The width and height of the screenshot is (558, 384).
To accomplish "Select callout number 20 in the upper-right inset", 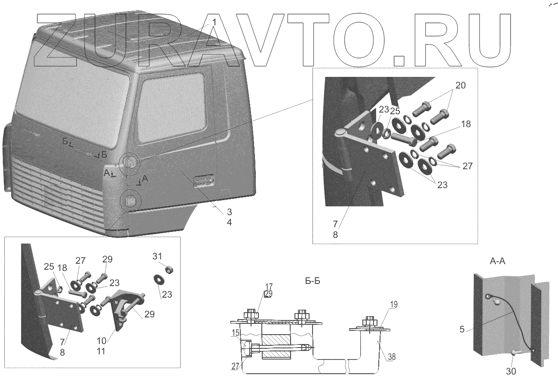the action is (x=460, y=86).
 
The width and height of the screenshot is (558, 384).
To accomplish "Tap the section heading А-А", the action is (x=497, y=261).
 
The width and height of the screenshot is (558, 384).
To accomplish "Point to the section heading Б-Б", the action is (x=312, y=281).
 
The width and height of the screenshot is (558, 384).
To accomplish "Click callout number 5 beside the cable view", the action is (x=462, y=330).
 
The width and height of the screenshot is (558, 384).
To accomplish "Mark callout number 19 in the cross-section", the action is (x=394, y=305).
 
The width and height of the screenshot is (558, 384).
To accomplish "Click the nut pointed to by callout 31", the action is (x=169, y=270).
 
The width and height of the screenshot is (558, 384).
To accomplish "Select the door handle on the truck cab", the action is (x=204, y=180).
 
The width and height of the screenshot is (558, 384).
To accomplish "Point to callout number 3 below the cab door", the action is (x=229, y=212).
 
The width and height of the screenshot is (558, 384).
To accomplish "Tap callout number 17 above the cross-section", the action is (x=269, y=286).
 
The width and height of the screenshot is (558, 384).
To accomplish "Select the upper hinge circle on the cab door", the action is (x=130, y=163).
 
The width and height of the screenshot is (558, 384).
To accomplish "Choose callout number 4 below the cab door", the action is (x=229, y=222).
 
